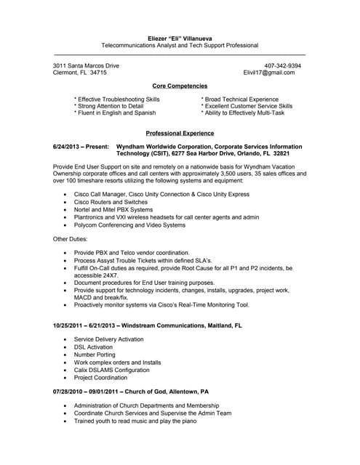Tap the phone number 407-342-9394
click(x=283, y=65)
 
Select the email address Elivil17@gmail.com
click(x=269, y=73)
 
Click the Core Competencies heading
click(x=180, y=86)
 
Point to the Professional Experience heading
click(x=180, y=133)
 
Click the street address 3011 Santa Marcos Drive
click(x=86, y=65)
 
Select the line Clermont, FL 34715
click(x=80, y=73)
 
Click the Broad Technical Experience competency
click(x=240, y=99)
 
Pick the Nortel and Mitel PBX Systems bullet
click(x=113, y=209)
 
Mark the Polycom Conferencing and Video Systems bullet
click(x=129, y=225)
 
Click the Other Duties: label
click(x=71, y=238)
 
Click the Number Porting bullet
click(x=95, y=354)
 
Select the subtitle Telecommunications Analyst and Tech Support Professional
click(x=180, y=45)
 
